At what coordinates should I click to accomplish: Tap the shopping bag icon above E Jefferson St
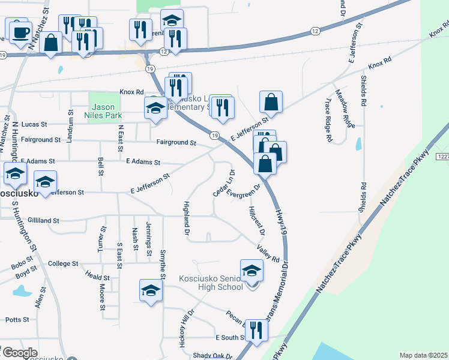pyautogui.click(x=271, y=103)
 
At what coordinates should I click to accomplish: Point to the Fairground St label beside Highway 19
pyautogui.click(x=176, y=143)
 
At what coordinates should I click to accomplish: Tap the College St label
pyautogui.click(x=63, y=263)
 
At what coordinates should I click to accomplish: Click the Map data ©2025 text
pyautogui.click(x=423, y=355)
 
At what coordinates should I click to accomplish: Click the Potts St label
pyautogui.click(x=17, y=320)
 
